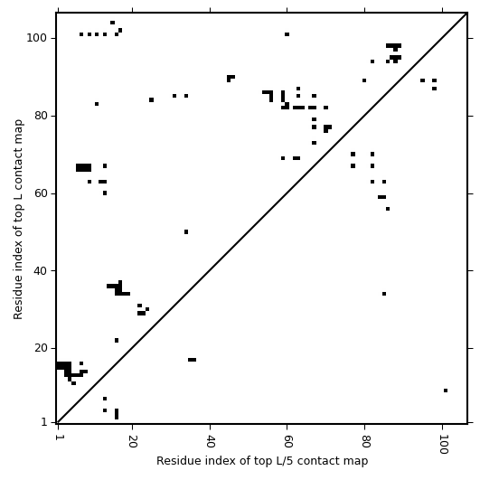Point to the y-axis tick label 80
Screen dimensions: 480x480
pos(41,116)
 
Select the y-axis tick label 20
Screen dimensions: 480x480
pos(41,348)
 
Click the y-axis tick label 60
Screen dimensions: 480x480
pos(41,193)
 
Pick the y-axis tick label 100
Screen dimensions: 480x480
pos(37,38)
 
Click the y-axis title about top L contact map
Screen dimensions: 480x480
pos(18,219)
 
